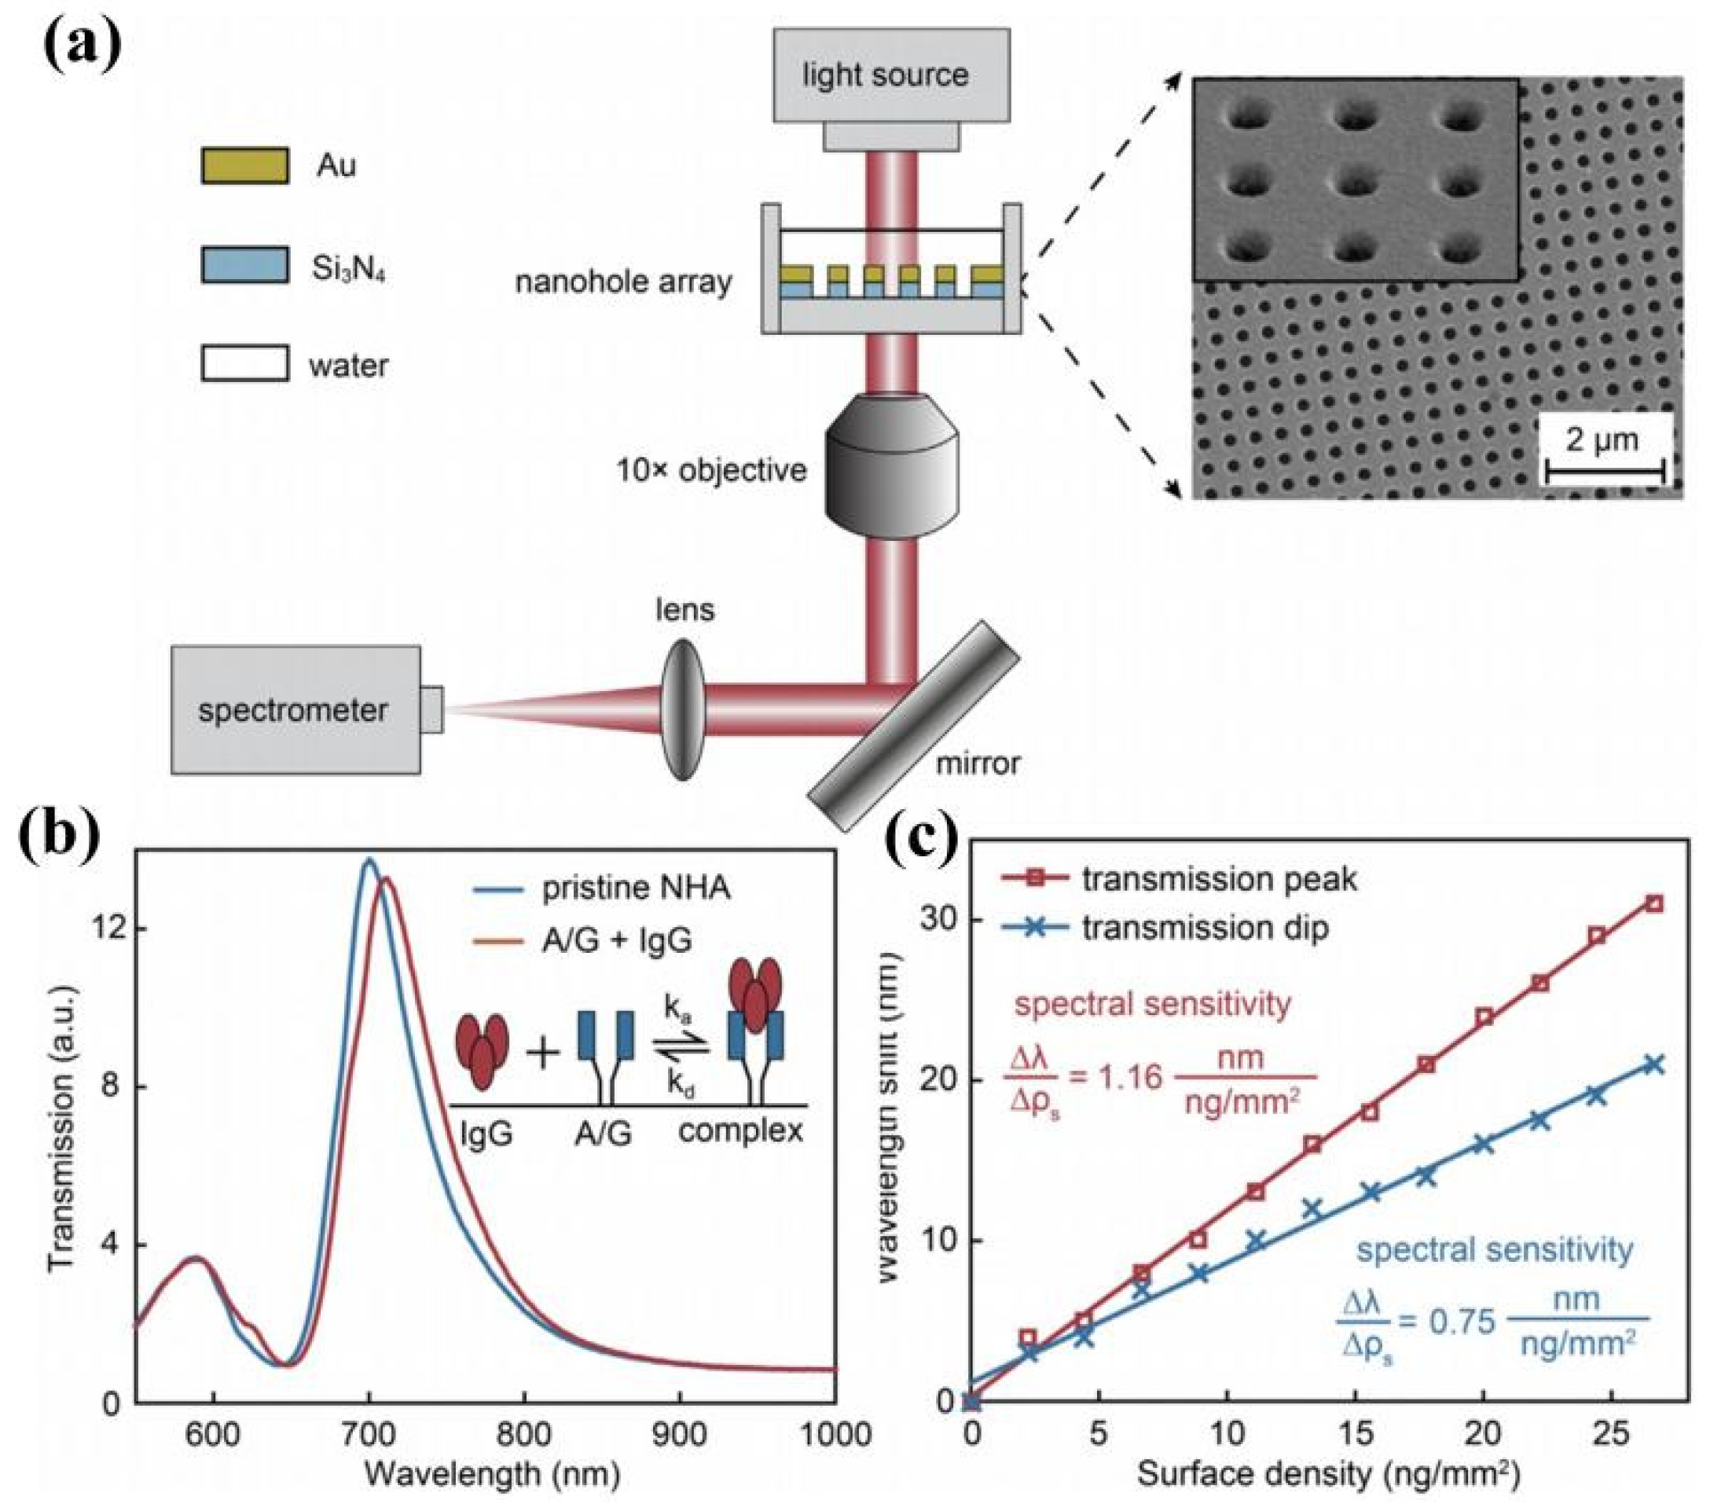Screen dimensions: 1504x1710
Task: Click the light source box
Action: [890, 76]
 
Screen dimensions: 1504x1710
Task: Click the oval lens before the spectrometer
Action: [684, 709]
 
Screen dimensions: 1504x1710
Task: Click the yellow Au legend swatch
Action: [244, 165]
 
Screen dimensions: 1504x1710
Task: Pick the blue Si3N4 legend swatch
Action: [244, 264]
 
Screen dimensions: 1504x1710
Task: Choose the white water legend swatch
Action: [244, 364]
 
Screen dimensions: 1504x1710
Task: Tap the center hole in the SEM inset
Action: [1352, 178]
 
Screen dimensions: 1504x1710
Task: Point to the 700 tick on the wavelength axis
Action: [369, 1435]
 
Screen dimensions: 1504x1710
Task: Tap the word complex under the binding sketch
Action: [740, 1131]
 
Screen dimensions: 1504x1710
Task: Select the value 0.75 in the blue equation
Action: [1462, 1322]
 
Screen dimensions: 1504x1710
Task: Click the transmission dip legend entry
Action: [1205, 929]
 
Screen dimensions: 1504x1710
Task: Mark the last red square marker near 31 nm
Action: [1654, 903]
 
